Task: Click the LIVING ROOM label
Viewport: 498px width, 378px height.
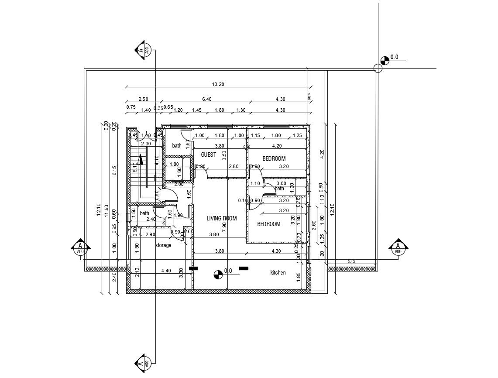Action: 222,219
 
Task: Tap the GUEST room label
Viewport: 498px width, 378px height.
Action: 208,155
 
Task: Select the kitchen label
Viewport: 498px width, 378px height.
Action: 278,273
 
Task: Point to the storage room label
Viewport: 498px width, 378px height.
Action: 163,245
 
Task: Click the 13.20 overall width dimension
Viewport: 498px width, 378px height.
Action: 218,84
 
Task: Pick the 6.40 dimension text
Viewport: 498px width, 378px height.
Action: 206,100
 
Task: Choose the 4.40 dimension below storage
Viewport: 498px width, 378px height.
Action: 166,271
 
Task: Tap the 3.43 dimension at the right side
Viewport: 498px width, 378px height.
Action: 351,261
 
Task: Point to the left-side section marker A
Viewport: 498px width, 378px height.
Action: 80,247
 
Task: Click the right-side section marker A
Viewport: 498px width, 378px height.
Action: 398,247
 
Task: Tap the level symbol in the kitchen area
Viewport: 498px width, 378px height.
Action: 217,275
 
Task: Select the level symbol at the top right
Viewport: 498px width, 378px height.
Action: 385,60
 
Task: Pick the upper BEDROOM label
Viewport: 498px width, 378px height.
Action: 274,158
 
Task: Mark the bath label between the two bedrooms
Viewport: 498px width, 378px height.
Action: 279,189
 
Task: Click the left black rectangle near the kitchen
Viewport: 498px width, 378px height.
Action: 193,268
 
